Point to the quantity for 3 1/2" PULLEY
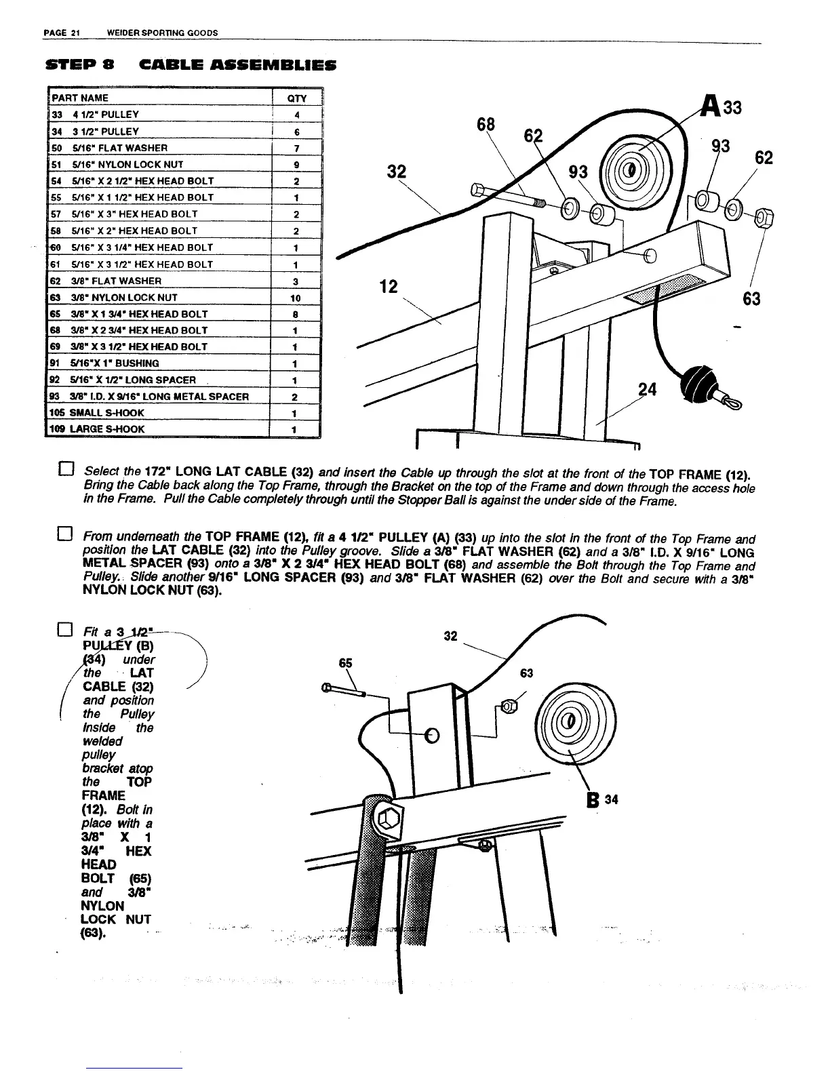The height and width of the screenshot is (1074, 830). pos(296,132)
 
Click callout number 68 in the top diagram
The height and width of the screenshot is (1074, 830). pos(486,125)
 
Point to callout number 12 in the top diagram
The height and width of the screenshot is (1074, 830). pos(388,287)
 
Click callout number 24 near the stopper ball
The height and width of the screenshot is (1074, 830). pos(648,389)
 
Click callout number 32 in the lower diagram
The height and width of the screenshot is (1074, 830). pos(450,637)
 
